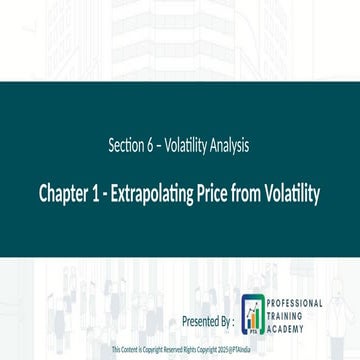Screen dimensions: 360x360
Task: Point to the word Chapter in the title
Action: pyautogui.click(x=62, y=192)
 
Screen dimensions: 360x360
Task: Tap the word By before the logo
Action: pyautogui.click(x=224, y=322)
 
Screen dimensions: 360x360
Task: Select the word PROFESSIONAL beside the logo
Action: pyautogui.click(x=296, y=302)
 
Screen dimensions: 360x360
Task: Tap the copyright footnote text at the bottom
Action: pyautogui.click(x=179, y=351)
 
